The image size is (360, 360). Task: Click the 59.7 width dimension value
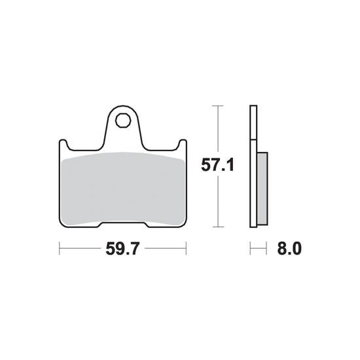coord(122,249)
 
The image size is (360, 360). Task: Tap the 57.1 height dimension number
coord(217,165)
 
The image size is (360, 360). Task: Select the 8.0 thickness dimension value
coord(289,249)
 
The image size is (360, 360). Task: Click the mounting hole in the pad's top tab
coord(123,120)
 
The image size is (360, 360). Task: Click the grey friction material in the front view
coord(123,189)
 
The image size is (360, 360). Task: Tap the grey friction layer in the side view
coord(262,189)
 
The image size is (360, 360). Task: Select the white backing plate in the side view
coord(253,166)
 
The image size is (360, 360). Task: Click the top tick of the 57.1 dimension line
coord(218,105)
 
